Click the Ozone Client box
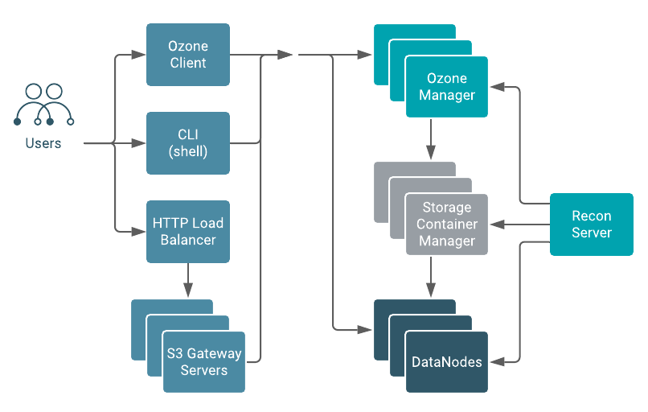point(188,55)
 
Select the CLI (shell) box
point(188,143)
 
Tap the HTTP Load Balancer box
point(188,231)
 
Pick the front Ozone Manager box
point(446,87)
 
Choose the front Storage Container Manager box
point(446,225)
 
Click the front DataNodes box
point(446,362)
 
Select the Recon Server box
point(591,225)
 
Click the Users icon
point(43,105)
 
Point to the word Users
point(43,143)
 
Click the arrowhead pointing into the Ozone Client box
point(140,56)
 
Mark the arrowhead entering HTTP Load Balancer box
point(140,231)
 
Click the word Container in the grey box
point(447,225)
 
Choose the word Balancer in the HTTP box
point(188,239)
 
